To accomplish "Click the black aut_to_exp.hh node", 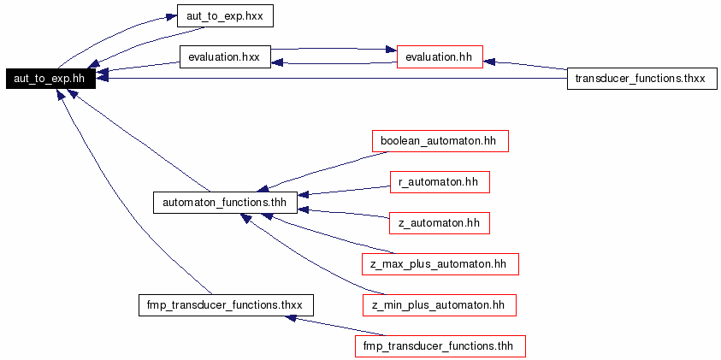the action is tap(50, 78).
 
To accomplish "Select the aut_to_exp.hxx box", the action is tap(225, 16).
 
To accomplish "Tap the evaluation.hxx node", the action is tap(224, 57).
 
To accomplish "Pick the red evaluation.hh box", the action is tap(440, 57).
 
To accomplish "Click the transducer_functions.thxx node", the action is tap(642, 78).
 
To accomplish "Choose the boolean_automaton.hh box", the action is tap(440, 141).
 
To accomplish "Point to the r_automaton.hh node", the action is tap(440, 182).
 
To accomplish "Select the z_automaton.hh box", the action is tap(439, 223).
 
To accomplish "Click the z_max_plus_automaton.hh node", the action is tap(440, 264).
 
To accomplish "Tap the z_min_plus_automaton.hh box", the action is tap(439, 304).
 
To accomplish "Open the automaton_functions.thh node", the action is tap(225, 203).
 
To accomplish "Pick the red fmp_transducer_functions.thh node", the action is tap(440, 345).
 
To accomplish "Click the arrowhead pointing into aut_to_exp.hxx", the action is tap(171, 17).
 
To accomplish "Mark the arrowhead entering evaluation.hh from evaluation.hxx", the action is tap(391, 50).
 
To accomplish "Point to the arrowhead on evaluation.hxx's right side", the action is tap(277, 63).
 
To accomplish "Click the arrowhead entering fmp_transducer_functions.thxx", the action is tap(291, 317).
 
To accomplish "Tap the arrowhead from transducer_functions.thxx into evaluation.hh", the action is tap(488, 62).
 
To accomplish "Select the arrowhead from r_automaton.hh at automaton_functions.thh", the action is tap(304, 194).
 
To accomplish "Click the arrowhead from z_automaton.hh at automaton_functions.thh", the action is tap(304, 210).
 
